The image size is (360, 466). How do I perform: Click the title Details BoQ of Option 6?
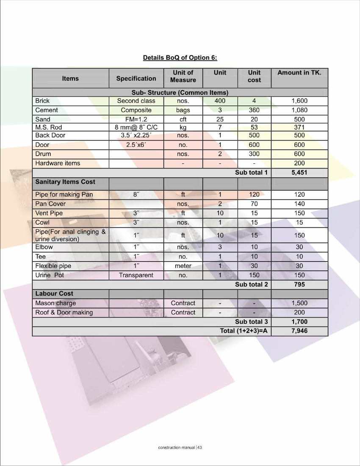pos(180,58)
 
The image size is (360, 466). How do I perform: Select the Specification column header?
pos(136,78)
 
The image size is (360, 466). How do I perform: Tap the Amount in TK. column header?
pos(299,73)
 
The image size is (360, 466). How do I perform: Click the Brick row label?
pos(42,101)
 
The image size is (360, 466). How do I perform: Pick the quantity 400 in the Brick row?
pos(220,101)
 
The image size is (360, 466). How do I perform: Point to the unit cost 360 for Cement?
pos(254,110)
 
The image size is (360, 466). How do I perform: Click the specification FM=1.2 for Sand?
pos(136,119)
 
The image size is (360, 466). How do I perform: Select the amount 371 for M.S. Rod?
pos(299,127)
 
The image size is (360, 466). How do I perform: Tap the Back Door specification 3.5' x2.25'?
pos(136,135)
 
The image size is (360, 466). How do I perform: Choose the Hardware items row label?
pos(58,163)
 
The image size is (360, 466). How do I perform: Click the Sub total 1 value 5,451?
pos(299,173)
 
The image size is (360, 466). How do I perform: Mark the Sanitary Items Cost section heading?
pos(65,182)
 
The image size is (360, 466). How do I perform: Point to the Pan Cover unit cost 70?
pos(254,204)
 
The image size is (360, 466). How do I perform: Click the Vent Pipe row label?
pos(49,213)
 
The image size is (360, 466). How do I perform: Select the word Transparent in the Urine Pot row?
pos(136,275)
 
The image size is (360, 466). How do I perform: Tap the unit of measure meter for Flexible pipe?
pos(183,266)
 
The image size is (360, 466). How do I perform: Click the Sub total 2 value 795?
pos(299,284)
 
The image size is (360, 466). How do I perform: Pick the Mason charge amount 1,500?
pos(299,303)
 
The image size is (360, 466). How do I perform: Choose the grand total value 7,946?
pos(299,331)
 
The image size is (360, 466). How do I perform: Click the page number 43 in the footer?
pos(200,447)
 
